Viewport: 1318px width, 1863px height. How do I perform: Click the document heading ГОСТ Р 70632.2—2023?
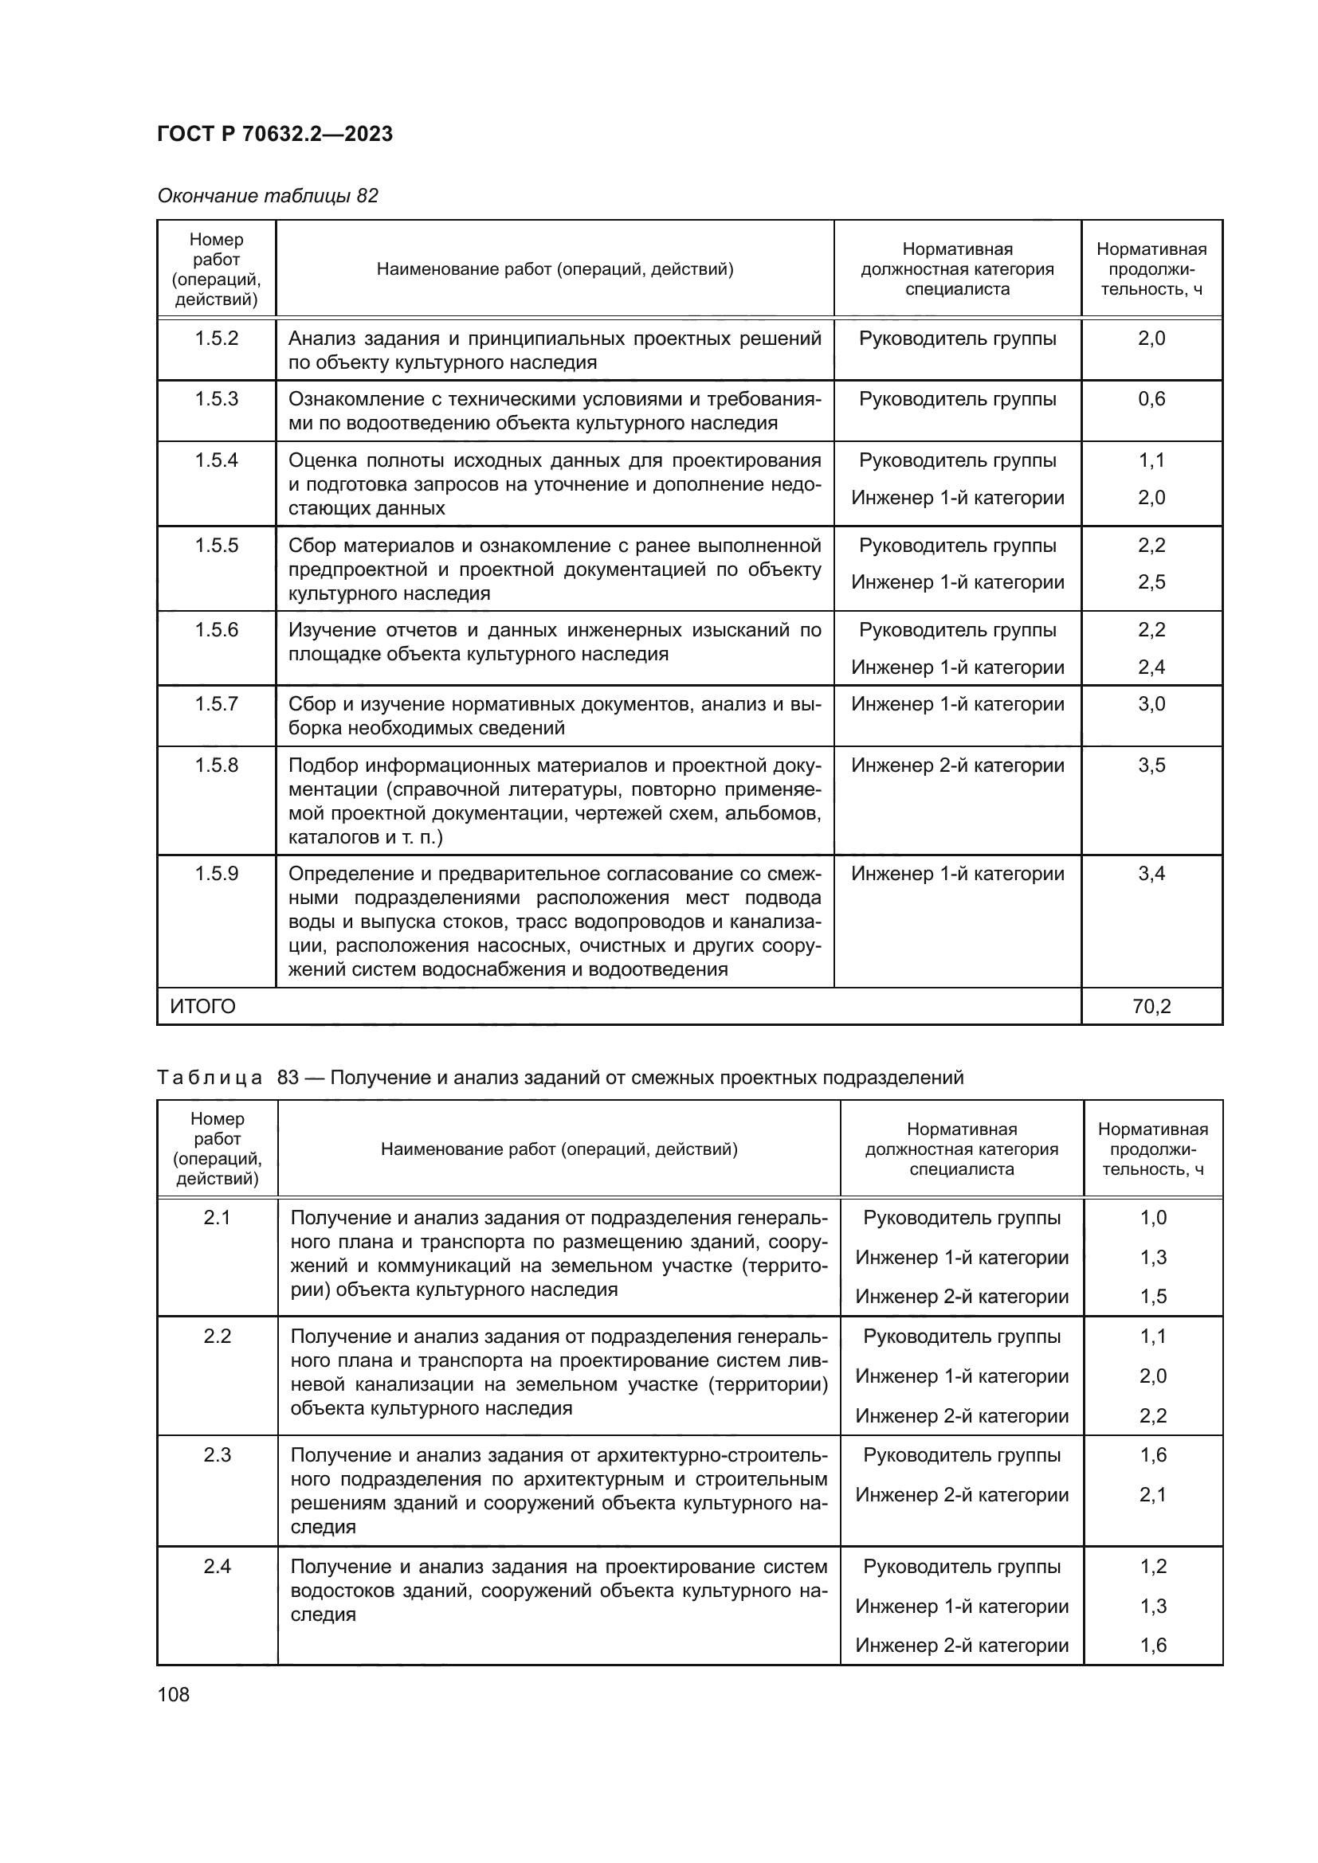pyautogui.click(x=274, y=134)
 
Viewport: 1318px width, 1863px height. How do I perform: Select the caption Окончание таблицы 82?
pyautogui.click(x=268, y=196)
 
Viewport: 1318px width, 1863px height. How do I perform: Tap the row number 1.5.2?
pyautogui.click(x=217, y=339)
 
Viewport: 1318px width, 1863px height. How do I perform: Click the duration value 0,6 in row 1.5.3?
pyautogui.click(x=1151, y=398)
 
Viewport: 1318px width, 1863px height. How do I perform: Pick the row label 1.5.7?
pyautogui.click(x=217, y=703)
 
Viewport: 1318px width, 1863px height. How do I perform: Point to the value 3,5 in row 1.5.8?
pyautogui.click(x=1151, y=765)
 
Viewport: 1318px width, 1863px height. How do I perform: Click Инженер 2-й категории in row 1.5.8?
pyautogui.click(x=958, y=765)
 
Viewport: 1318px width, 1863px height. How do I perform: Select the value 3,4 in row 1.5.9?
pyautogui.click(x=1151, y=874)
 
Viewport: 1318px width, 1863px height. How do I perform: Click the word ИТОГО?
pyautogui.click(x=203, y=1007)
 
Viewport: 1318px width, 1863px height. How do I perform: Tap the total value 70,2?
pyautogui.click(x=1151, y=1007)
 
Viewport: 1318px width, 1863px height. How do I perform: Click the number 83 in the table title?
pyautogui.click(x=288, y=1078)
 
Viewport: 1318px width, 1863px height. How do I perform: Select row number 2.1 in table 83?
pyautogui.click(x=218, y=1218)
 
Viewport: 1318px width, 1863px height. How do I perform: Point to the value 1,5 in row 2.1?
pyautogui.click(x=1153, y=1297)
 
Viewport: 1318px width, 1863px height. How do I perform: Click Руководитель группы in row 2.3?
pyautogui.click(x=962, y=1456)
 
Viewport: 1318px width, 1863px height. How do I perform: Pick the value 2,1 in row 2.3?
pyautogui.click(x=1153, y=1494)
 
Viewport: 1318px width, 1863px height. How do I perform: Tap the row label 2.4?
pyautogui.click(x=218, y=1567)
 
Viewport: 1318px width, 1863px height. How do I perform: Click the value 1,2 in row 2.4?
pyautogui.click(x=1153, y=1567)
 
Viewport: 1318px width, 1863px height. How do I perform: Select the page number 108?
pyautogui.click(x=174, y=1694)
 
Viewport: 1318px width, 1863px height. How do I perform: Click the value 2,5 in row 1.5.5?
pyautogui.click(x=1151, y=581)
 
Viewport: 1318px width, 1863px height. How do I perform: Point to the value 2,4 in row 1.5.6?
pyautogui.click(x=1151, y=667)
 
